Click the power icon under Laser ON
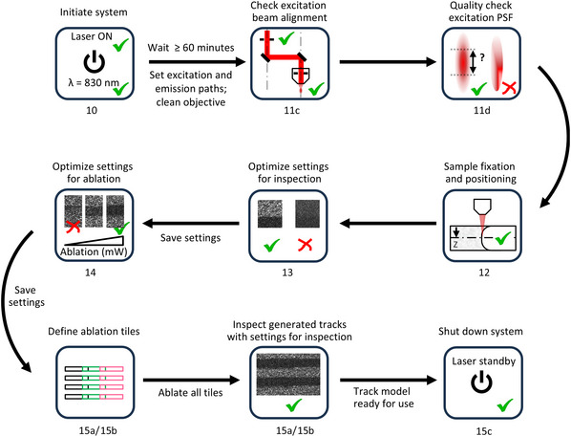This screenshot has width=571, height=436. (x=95, y=62)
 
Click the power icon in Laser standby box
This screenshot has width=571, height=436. (x=481, y=381)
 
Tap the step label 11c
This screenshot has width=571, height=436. (x=291, y=110)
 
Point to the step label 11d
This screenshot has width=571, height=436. (x=482, y=110)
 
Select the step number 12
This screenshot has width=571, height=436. (x=483, y=272)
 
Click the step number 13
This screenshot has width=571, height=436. (x=287, y=272)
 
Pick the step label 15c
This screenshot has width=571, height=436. (x=484, y=431)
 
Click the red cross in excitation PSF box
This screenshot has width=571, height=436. (x=509, y=88)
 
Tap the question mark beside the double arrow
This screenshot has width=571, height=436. (x=482, y=57)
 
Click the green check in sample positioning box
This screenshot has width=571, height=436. (x=503, y=238)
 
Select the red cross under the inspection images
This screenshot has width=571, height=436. (x=305, y=245)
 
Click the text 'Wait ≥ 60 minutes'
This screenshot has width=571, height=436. (x=191, y=48)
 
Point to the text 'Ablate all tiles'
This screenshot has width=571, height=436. (x=190, y=393)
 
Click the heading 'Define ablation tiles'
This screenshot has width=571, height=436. (x=94, y=331)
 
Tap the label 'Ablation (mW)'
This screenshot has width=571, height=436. (x=94, y=251)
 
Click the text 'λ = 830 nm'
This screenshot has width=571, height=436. (x=94, y=83)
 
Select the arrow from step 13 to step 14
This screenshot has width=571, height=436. (x=191, y=223)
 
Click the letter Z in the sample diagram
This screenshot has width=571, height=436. (x=455, y=245)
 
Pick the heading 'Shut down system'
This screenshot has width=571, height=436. (x=480, y=331)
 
